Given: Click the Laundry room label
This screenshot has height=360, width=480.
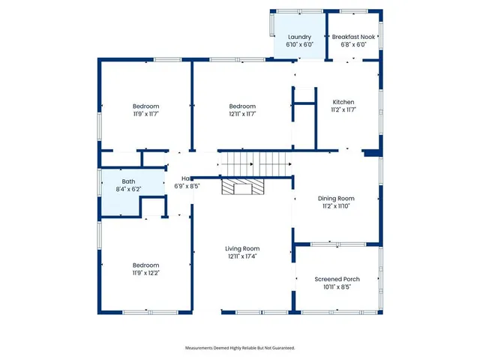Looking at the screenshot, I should [299, 37].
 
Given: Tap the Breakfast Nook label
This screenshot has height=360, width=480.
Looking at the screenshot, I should [353, 37].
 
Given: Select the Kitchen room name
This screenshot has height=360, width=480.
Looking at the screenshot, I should [343, 102].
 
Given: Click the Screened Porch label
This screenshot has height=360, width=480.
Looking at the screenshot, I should [336, 279].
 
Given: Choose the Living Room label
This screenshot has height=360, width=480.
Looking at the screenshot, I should [242, 248].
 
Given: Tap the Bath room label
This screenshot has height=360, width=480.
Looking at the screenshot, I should [129, 181].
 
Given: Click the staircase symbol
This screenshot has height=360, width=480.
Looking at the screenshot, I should [254, 163].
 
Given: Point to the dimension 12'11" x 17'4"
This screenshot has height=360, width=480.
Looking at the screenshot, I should [242, 256].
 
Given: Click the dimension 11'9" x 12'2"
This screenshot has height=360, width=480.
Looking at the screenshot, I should [146, 273].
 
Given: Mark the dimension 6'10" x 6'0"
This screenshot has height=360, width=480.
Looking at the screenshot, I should [299, 44].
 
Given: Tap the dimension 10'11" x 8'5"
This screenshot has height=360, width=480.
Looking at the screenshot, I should [336, 286].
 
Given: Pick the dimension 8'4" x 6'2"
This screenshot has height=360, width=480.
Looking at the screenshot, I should [129, 189].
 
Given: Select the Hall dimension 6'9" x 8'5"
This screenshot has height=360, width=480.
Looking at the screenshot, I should [187, 186].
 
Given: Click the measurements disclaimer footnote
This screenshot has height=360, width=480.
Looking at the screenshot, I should [240, 348].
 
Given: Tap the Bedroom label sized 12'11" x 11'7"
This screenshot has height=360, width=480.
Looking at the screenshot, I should [242, 106].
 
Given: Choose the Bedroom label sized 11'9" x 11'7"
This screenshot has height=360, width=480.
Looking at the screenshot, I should [146, 106].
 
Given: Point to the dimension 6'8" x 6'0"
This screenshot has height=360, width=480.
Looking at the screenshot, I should [353, 44].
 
